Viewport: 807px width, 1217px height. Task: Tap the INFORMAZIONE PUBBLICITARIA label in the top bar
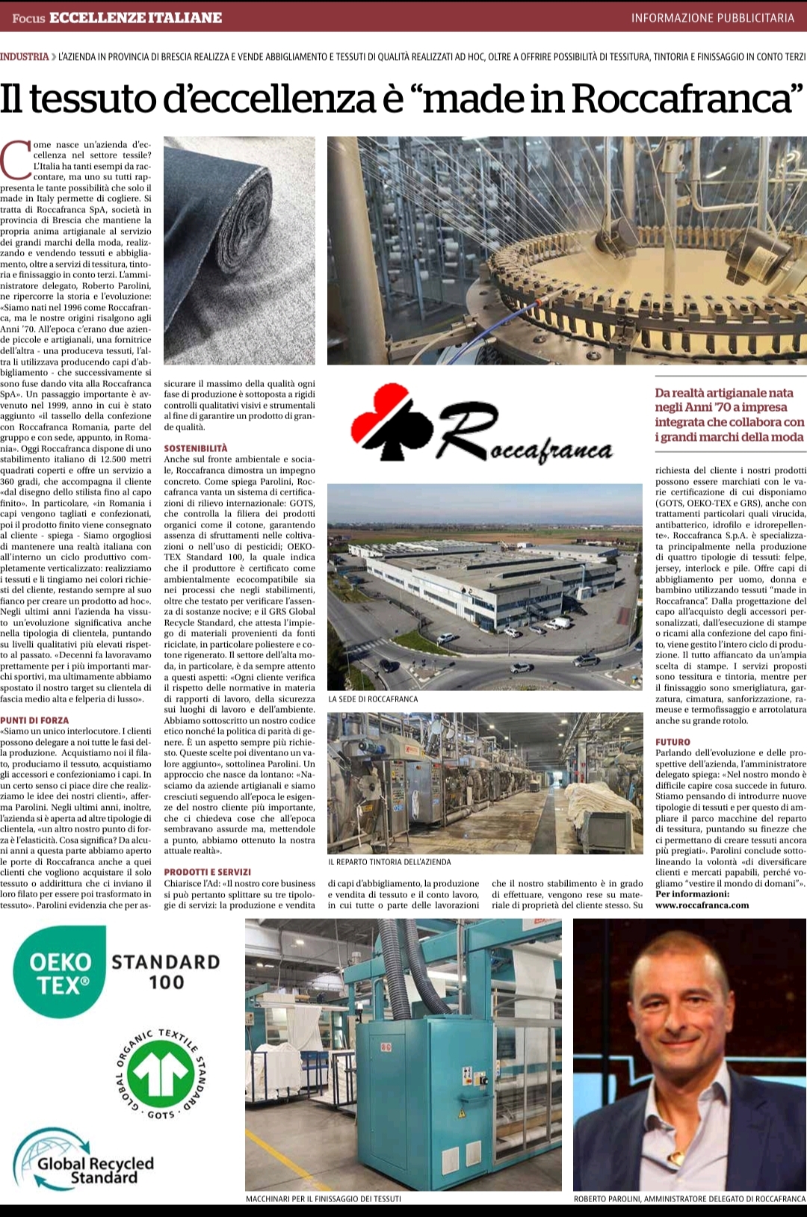[x=712, y=18]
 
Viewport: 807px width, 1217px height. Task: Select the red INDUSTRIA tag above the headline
[x=25, y=57]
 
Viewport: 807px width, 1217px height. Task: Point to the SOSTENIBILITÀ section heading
[x=196, y=448]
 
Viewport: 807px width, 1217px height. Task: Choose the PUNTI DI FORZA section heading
[x=34, y=720]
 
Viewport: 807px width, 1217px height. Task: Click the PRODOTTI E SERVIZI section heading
[x=208, y=872]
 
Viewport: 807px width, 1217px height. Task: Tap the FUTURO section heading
[x=672, y=742]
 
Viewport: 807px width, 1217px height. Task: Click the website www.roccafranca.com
[x=702, y=905]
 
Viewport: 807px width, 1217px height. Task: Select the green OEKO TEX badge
[x=59, y=972]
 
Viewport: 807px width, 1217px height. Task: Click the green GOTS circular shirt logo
[x=161, y=1074]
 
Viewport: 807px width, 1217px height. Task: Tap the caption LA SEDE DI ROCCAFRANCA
[x=373, y=699]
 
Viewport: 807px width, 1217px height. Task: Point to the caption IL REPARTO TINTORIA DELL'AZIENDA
[x=389, y=861]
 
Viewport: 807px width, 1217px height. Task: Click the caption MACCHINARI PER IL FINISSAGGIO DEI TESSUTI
[x=323, y=1198]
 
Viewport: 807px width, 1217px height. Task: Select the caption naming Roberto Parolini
[x=689, y=1198]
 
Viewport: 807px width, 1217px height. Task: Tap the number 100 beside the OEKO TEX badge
[x=166, y=982]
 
